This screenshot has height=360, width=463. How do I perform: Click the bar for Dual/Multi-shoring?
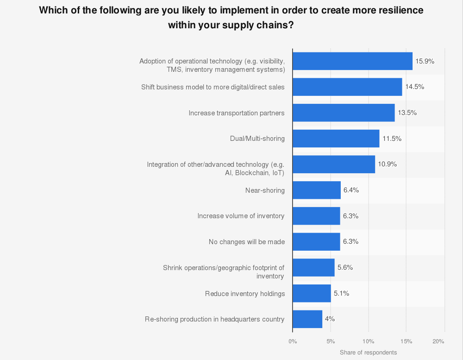[336, 139]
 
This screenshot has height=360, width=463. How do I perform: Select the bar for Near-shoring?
[317, 190]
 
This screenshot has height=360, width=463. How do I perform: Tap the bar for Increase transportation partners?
[344, 113]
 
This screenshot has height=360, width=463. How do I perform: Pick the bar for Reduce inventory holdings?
[312, 293]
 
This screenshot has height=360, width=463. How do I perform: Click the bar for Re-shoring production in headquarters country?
[307, 319]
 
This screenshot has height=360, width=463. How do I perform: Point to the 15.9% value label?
[425, 61]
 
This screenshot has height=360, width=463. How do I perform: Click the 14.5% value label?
[414, 87]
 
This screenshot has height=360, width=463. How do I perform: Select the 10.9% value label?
[387, 164]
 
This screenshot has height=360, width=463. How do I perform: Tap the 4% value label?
[330, 319]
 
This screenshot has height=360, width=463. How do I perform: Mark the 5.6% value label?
[345, 267]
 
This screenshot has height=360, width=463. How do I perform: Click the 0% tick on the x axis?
[293, 341]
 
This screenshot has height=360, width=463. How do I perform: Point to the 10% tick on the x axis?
[369, 341]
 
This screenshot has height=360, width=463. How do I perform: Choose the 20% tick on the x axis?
[438, 341]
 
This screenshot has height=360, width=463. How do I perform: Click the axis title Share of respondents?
[368, 353]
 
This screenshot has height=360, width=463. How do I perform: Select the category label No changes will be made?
[246, 242]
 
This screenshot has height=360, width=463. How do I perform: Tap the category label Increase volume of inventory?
[241, 216]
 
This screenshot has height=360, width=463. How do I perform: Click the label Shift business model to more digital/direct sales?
[213, 87]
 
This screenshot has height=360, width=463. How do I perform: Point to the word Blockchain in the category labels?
[252, 173]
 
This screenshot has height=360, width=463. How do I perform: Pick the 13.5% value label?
[407, 113]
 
